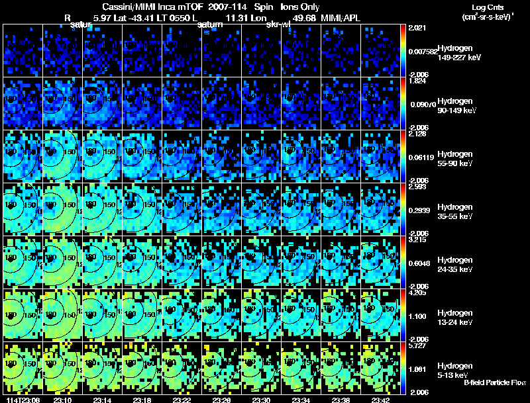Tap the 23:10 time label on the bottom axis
[x=62, y=400]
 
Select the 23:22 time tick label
[x=182, y=400]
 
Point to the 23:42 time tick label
[x=380, y=400]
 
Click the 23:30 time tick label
[x=261, y=400]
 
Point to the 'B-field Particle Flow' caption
[x=494, y=382]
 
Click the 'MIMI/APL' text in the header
[x=341, y=17]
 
